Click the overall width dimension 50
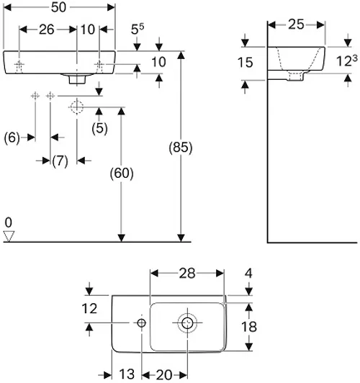(x=58, y=7)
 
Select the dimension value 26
(x=47, y=30)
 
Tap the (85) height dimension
(x=181, y=148)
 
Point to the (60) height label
(x=122, y=174)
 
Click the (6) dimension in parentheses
(x=12, y=138)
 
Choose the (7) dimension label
(x=60, y=161)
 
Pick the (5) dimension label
(x=99, y=128)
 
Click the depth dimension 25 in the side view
(x=296, y=24)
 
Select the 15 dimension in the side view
(x=246, y=63)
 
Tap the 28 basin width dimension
(x=187, y=274)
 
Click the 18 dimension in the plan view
(x=249, y=327)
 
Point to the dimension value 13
(x=127, y=374)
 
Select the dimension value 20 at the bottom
(x=164, y=374)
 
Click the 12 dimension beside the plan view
(x=89, y=309)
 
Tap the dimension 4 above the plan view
(x=248, y=274)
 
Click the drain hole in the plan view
(x=187, y=323)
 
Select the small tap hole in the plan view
(x=141, y=323)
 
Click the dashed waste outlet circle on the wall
(x=77, y=107)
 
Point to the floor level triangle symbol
(x=9, y=236)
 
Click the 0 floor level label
(x=9, y=222)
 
